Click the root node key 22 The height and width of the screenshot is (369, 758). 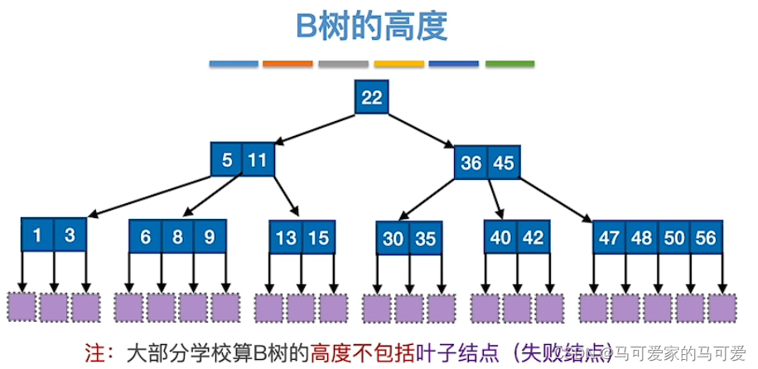pyautogui.click(x=372, y=98)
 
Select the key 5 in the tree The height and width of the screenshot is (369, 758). pyautogui.click(x=227, y=160)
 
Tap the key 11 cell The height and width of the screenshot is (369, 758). pyautogui.click(x=258, y=160)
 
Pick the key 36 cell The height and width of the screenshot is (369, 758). pyautogui.click(x=471, y=163)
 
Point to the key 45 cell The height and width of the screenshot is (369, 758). pyautogui.click(x=503, y=163)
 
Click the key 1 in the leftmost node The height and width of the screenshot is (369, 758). pyautogui.click(x=37, y=235)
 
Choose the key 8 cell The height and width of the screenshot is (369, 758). pyautogui.click(x=177, y=236)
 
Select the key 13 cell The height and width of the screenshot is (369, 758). pyautogui.click(x=286, y=238)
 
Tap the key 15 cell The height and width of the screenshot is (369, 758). pyautogui.click(x=318, y=238)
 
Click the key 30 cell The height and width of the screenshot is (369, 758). pyautogui.click(x=393, y=239)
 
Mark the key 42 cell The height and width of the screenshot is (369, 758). pyautogui.click(x=533, y=237)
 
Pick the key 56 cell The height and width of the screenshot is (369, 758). pyautogui.click(x=707, y=238)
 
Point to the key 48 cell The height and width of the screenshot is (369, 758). pyautogui.click(x=642, y=238)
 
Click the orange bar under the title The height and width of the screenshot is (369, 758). pyautogui.click(x=287, y=64)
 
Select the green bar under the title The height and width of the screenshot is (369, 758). pyautogui.click(x=509, y=64)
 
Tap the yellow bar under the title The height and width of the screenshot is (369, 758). pyautogui.click(x=398, y=64)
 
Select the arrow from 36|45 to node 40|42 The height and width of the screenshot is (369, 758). pyautogui.click(x=495, y=200)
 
